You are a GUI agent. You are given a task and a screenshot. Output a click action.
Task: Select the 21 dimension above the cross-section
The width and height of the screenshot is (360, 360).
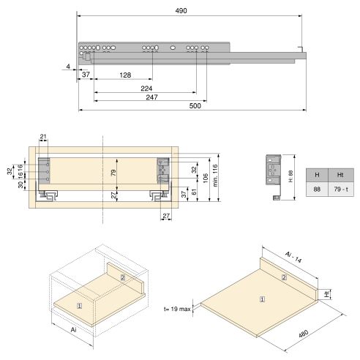pos(43,137)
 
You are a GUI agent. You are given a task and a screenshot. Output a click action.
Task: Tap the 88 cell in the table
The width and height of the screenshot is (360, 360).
pos(317,188)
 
